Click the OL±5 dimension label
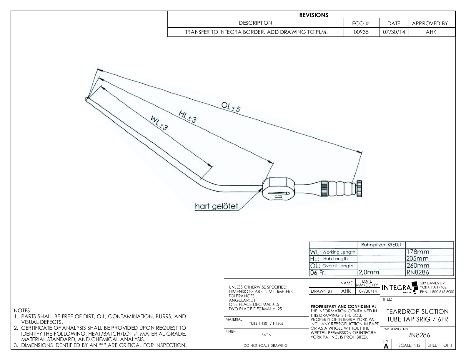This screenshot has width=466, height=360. coord(231,107)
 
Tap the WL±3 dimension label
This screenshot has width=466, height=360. coord(159,123)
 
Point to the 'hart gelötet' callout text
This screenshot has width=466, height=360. coord(216,206)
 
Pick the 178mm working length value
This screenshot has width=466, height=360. coord(417,252)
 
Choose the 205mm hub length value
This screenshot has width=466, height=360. coord(417,259)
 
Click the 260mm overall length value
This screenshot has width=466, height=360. coord(417,266)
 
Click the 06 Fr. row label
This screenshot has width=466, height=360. coord(318,272)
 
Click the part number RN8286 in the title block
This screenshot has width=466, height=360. coord(418,335)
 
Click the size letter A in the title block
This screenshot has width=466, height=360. coord(386,346)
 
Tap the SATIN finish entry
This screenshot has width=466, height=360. coord(266,335)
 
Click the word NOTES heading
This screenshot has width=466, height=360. coord(22,311)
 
